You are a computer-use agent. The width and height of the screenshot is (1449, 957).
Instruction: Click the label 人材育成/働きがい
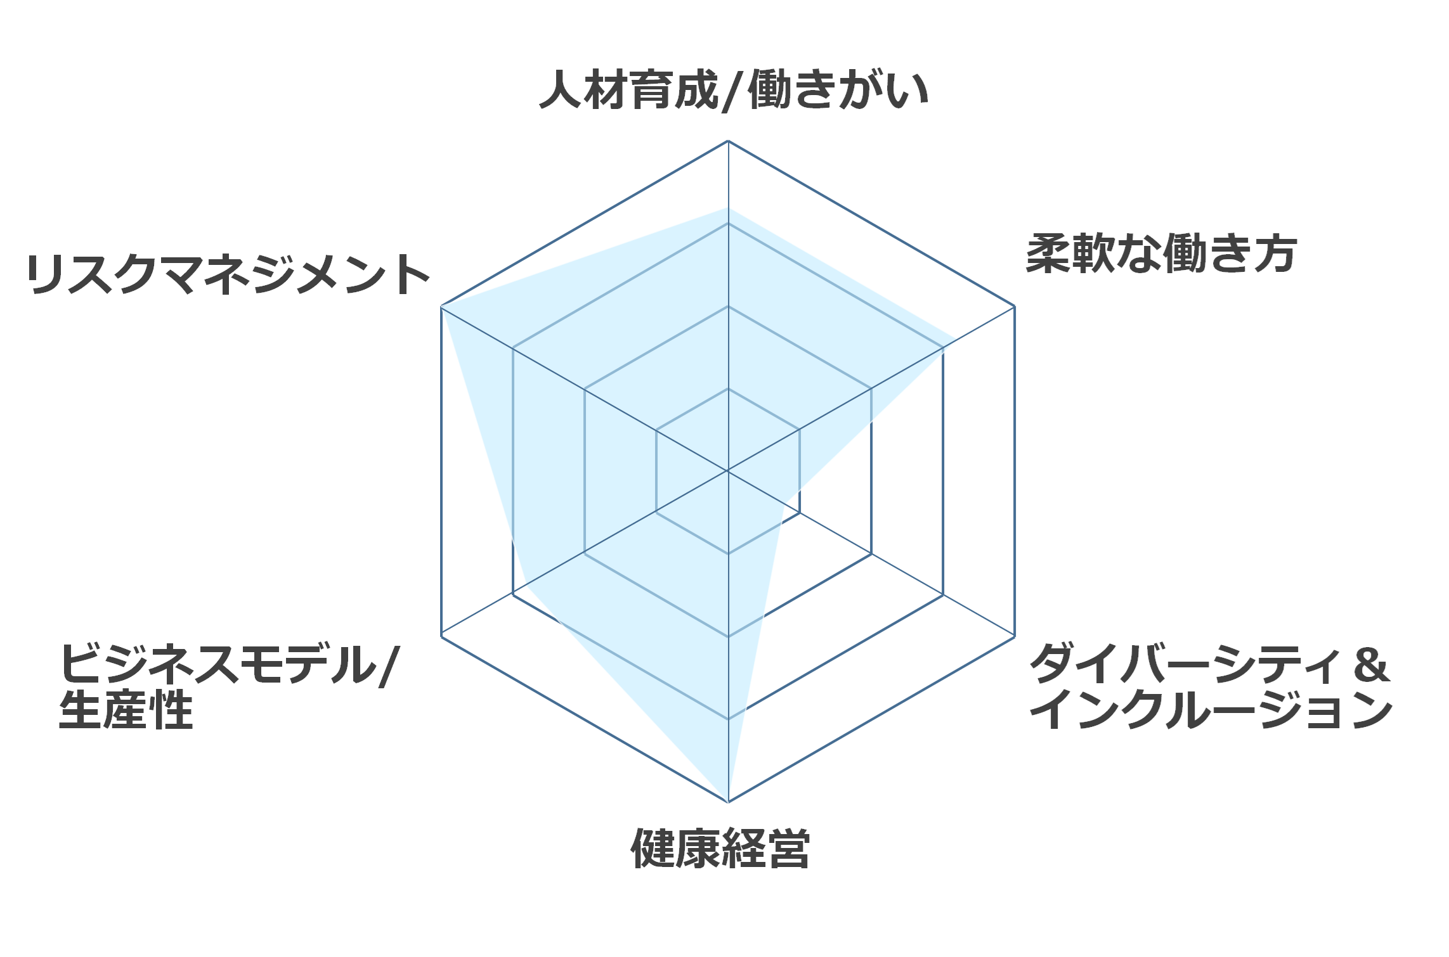click(x=734, y=91)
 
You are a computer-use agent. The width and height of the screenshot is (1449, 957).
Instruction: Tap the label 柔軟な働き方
click(x=1162, y=254)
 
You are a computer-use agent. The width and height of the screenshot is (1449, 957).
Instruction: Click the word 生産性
click(x=126, y=710)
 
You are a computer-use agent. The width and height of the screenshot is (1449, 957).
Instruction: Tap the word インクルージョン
click(x=1212, y=710)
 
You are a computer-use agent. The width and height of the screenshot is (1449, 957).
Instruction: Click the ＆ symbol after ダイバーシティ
click(x=1371, y=665)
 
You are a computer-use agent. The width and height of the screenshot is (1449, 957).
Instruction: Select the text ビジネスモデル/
click(x=230, y=665)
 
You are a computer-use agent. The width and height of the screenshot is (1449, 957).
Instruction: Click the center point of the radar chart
click(x=728, y=471)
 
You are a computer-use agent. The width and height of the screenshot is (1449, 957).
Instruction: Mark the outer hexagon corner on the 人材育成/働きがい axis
click(x=728, y=141)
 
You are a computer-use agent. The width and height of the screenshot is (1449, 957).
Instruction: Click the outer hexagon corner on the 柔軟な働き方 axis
click(x=1015, y=307)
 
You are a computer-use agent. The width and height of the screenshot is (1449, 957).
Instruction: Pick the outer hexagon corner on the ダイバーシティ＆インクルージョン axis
click(x=1015, y=636)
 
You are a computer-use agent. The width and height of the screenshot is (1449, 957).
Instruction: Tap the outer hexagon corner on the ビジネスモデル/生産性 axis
click(x=441, y=636)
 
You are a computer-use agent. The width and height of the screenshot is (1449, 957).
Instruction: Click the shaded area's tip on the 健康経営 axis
click(x=728, y=802)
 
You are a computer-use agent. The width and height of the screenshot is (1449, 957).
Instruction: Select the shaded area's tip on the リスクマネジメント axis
click(x=441, y=307)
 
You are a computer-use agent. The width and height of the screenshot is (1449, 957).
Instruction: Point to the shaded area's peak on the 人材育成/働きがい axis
click(x=728, y=208)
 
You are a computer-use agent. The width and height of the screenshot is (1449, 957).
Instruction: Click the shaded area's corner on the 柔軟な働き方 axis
click(x=956, y=339)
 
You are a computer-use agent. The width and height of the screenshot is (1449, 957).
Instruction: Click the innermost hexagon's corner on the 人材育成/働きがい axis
click(x=728, y=389)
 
